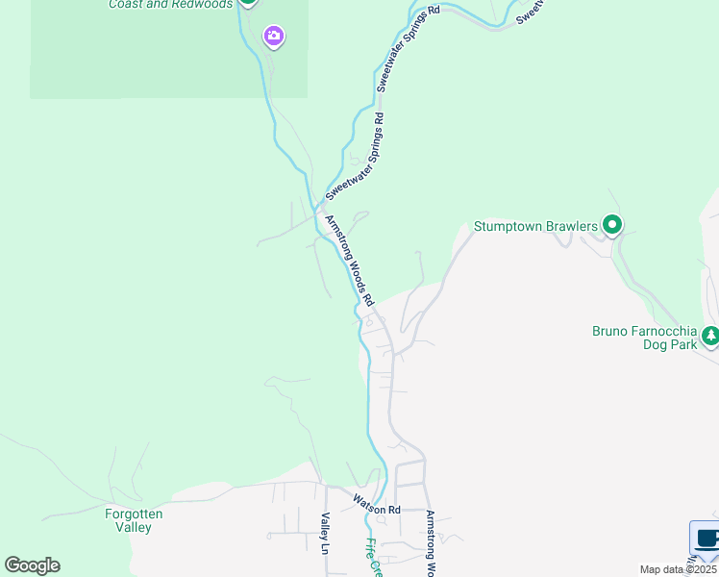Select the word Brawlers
coord(573,227)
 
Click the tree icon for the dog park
coord(710,336)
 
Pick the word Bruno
coord(610,332)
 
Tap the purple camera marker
coord(274,38)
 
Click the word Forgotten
coord(134,514)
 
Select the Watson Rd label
coord(376,504)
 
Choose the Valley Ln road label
coord(325,534)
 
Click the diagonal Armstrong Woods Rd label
coord(350,260)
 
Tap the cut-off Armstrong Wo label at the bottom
coord(431,543)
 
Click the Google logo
coord(32,565)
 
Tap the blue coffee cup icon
coord(707,539)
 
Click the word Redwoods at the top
coord(206,4)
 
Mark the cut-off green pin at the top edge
coord(248,2)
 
